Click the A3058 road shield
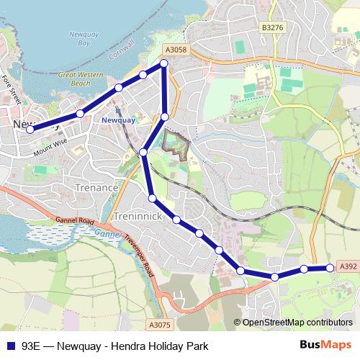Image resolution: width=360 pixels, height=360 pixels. coord(176,50)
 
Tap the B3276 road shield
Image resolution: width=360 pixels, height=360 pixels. coord(274,27)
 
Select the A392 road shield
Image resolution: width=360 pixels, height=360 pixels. coord(348,266)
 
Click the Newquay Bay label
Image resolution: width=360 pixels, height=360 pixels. coord(78,39)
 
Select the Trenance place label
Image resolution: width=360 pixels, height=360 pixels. coord(96,187)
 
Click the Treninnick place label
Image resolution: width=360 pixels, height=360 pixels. coord(136,216)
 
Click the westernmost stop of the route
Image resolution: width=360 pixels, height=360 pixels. coord(30,130)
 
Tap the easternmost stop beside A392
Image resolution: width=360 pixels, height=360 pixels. coord(330,268)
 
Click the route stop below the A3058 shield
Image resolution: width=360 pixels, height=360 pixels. coord(164,63)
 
